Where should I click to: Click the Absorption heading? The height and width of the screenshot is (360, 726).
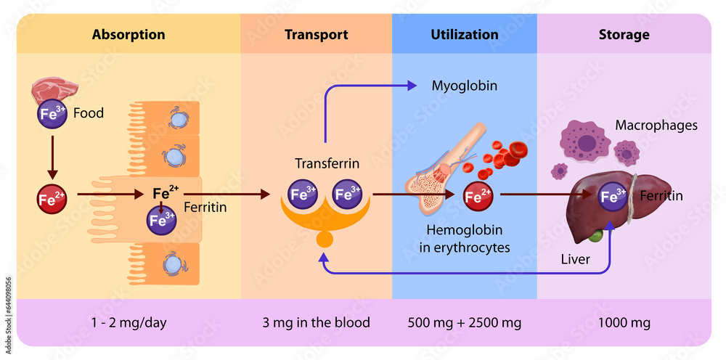click(x=129, y=35)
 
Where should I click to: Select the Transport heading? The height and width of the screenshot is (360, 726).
click(x=316, y=35)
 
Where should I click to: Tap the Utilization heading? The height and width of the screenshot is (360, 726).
click(x=465, y=35)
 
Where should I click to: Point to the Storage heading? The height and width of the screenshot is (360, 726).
click(x=624, y=35)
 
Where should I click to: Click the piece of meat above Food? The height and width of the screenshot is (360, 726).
click(x=54, y=91)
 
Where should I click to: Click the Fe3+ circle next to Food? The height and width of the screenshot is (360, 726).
click(x=52, y=114)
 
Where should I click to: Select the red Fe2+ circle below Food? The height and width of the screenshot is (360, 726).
click(x=52, y=199)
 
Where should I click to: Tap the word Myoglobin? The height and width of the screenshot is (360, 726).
click(x=465, y=86)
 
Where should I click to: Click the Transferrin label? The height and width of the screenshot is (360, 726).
click(x=327, y=164)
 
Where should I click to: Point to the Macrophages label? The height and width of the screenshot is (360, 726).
click(x=656, y=126)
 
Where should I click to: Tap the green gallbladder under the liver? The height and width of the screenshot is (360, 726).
click(x=595, y=235)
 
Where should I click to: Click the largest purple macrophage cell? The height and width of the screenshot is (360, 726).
click(x=585, y=140)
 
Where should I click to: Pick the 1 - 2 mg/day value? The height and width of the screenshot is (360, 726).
click(x=129, y=322)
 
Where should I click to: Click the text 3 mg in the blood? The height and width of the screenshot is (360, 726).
click(x=316, y=322)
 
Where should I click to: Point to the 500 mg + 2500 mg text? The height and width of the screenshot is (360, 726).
click(x=465, y=322)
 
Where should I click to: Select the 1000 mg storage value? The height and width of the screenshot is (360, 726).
click(x=624, y=322)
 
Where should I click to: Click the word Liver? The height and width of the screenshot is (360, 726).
click(x=576, y=258)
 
